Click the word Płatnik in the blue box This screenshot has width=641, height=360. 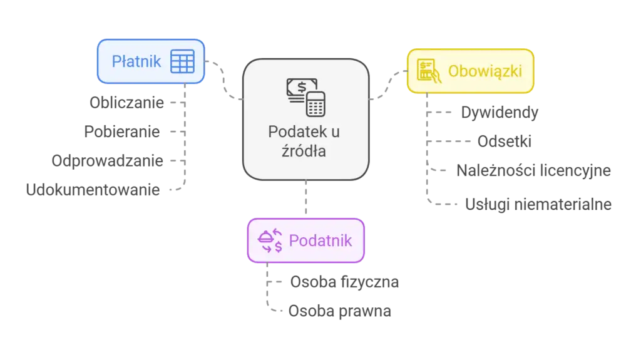(136, 61)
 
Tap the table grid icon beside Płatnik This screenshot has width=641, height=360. (182, 61)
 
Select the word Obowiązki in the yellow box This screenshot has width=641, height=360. (485, 71)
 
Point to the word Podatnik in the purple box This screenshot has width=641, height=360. (320, 240)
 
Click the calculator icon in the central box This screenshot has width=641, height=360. (315, 104)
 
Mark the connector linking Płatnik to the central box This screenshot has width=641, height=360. (223, 81)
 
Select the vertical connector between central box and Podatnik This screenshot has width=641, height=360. (305, 199)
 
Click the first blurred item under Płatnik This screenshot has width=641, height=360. (125, 102)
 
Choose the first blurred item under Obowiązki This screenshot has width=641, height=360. (500, 113)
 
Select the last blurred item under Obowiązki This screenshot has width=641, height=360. (537, 204)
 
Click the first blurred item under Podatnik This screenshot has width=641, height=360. (345, 282)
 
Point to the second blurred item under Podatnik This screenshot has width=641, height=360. (342, 311)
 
